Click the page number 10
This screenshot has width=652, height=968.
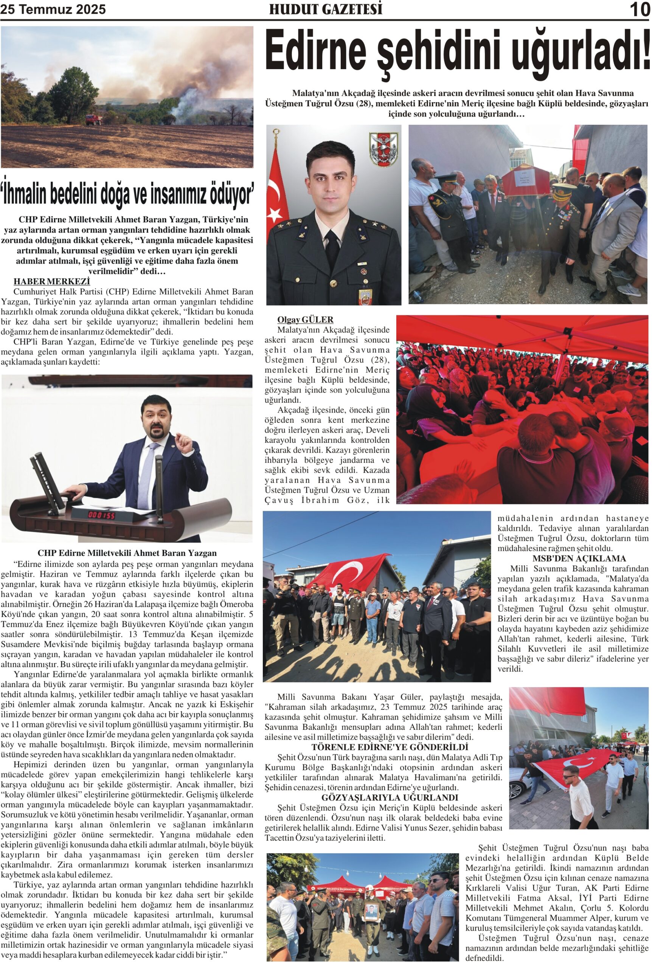pos(639,9)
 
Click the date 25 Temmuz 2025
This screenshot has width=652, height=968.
pos(53,9)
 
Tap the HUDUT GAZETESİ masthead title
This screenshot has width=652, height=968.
pos(326,9)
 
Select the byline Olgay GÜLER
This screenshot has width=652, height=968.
pos(305,320)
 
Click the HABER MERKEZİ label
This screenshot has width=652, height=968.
pos(51,281)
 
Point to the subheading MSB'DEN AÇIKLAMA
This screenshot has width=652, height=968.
pos(579,558)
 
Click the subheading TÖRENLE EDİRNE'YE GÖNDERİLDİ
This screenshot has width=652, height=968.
pos(390,747)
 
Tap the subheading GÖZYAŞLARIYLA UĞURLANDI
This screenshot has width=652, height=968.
pos(390,797)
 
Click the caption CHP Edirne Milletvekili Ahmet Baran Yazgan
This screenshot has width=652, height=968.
pos(127,553)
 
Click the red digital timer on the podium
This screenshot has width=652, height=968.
pos(101,515)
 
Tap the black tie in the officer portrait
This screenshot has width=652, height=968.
pos(332,250)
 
